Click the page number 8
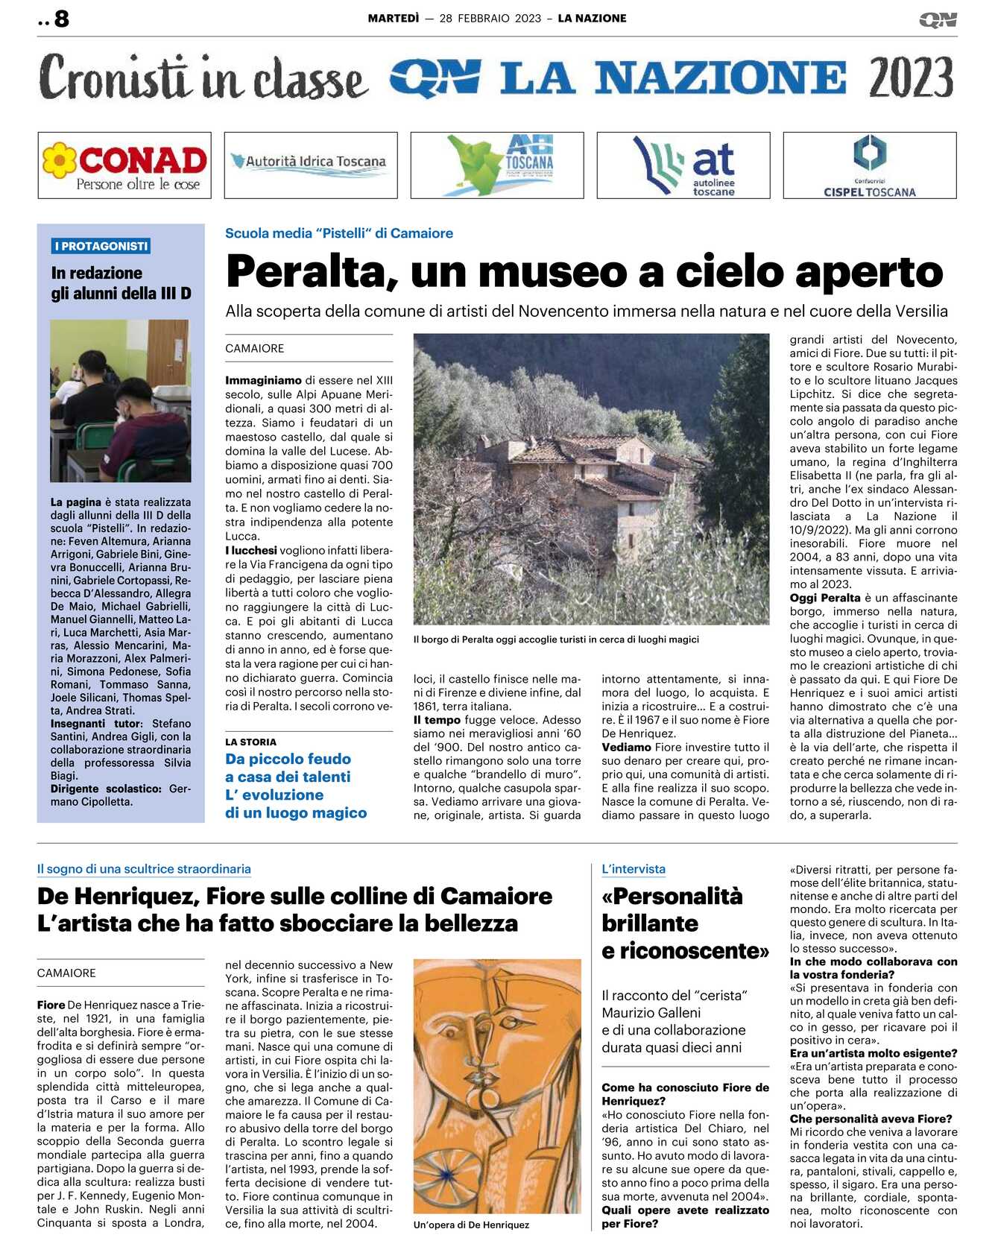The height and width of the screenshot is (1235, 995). click(62, 19)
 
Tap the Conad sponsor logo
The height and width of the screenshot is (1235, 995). click(124, 165)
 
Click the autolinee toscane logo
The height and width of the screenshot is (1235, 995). click(683, 165)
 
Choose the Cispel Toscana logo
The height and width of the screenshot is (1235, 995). click(869, 165)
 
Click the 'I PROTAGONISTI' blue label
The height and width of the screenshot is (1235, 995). click(101, 246)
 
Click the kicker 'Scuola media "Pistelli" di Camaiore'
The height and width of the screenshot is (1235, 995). click(339, 233)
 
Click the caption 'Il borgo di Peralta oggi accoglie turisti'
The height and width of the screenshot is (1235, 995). click(556, 639)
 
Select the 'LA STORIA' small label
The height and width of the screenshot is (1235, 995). click(250, 742)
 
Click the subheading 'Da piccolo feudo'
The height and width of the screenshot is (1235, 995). click(288, 759)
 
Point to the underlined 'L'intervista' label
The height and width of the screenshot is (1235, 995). click(634, 869)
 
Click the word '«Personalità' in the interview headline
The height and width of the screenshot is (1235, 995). click(672, 896)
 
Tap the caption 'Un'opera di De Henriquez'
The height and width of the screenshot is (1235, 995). click(471, 1225)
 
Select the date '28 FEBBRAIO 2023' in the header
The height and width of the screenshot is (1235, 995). click(490, 19)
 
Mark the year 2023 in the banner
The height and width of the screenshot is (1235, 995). click(911, 78)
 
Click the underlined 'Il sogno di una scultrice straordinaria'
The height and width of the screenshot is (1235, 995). click(144, 869)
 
